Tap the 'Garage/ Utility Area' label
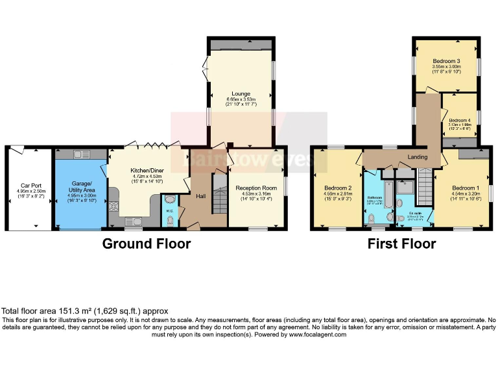[81, 186]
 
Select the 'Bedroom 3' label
[446, 61]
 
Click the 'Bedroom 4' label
[459, 120]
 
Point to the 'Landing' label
[417, 157]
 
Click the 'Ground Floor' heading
[147, 244]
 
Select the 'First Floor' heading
[401, 244]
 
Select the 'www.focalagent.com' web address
[318, 334]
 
